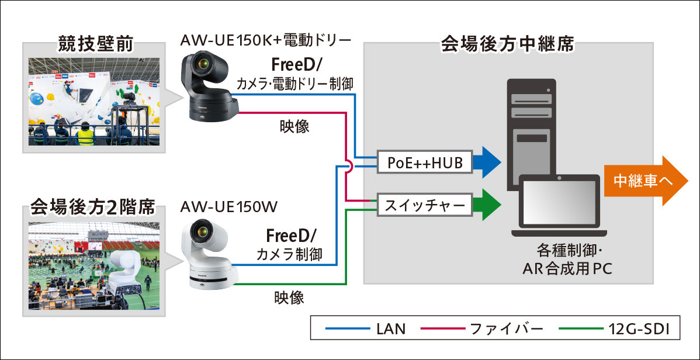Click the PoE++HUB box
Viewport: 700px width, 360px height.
425,164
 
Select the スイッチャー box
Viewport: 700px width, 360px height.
425,205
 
